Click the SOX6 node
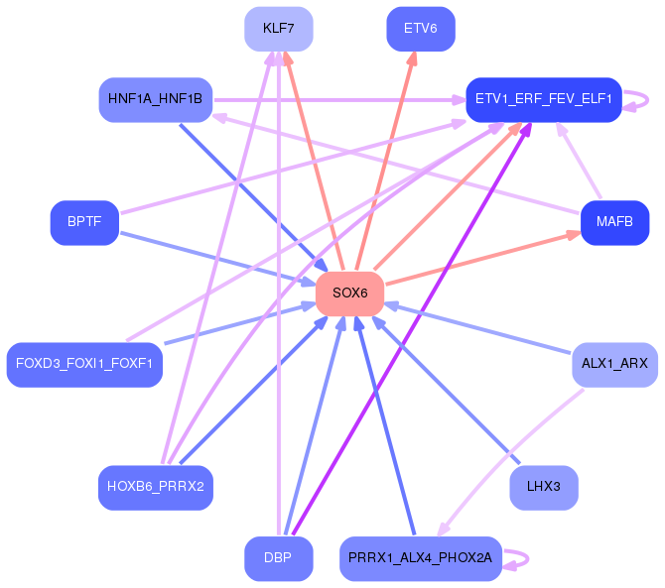350,294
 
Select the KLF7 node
279,29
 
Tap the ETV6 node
421,29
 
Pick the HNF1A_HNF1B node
156,100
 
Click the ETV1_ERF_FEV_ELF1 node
544,100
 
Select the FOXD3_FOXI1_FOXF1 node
84,365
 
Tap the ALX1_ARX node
614,365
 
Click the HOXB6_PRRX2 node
156,488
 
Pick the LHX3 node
544,488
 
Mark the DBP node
279,559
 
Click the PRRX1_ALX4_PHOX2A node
421,559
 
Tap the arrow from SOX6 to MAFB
483,258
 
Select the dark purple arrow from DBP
412,329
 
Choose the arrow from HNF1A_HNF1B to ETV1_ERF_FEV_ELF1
340,100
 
